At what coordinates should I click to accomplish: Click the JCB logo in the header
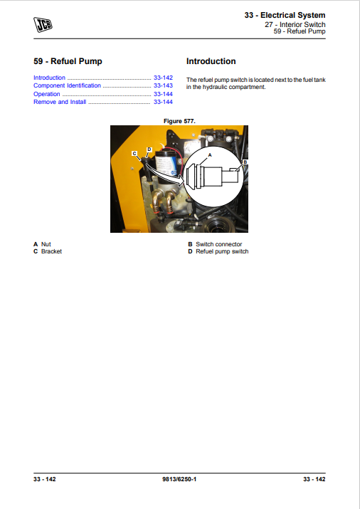tap(43, 26)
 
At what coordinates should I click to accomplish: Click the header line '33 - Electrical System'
tap(285, 15)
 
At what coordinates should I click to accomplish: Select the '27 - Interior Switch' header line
tap(295, 25)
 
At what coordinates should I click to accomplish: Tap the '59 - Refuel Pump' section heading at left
tap(68, 61)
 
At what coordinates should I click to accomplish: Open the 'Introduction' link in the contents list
tap(49, 78)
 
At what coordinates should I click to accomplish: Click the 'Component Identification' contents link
tap(67, 85)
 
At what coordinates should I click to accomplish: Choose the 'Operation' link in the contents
tap(47, 94)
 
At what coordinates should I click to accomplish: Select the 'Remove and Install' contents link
tap(60, 102)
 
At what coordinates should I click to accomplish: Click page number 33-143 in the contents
tap(162, 85)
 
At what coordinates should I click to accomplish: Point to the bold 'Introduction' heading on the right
tap(211, 61)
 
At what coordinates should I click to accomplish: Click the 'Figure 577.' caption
tap(179, 121)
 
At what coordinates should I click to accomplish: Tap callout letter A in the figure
tap(210, 154)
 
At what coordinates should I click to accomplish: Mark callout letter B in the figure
tap(244, 162)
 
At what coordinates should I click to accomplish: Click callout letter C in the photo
tap(134, 153)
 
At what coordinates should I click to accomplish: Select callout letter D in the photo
tap(149, 150)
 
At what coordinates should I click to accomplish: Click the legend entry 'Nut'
tap(46, 244)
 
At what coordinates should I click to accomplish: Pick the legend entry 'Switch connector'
tap(218, 244)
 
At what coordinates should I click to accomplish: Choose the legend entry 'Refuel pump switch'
tap(222, 251)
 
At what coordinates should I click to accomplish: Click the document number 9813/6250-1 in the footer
tap(179, 479)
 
